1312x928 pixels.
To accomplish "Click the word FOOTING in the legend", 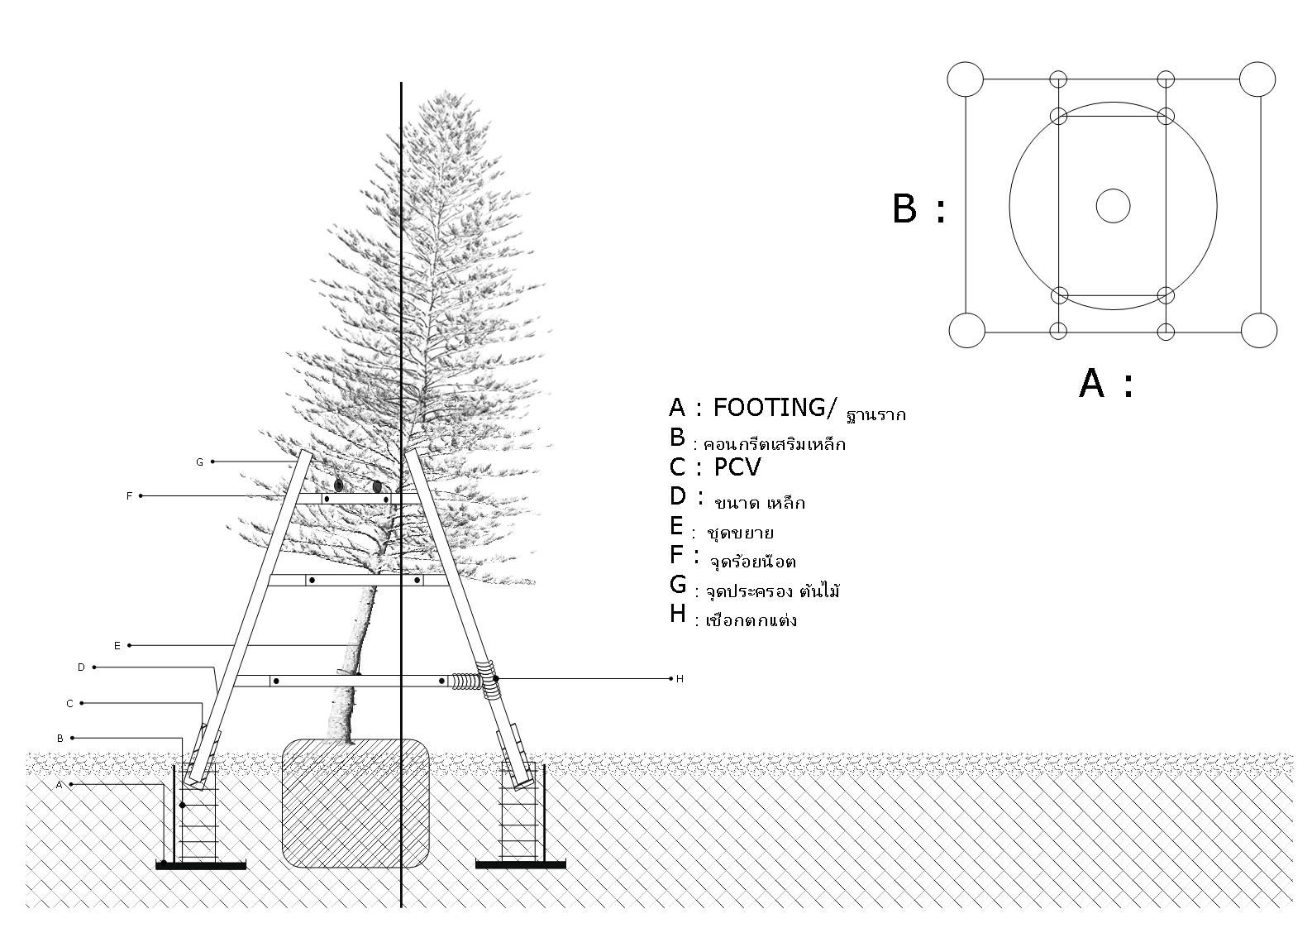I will [x=768, y=408].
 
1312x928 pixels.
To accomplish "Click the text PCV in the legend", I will [x=737, y=468].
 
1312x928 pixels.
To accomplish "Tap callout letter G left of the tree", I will [x=199, y=462].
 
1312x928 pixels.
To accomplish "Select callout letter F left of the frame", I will [x=129, y=496].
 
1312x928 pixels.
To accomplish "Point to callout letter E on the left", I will [x=117, y=646].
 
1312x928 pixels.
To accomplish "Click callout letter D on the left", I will [x=81, y=667].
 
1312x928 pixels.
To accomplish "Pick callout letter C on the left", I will [x=69, y=704].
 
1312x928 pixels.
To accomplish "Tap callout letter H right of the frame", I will [x=680, y=679].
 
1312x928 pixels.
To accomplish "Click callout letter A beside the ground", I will [x=59, y=785].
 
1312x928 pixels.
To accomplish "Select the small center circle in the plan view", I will [x=1113, y=206].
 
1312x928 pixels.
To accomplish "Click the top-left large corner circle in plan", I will [x=966, y=79].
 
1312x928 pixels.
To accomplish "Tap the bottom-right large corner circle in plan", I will [x=1259, y=331].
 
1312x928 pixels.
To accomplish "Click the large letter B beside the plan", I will [x=904, y=208].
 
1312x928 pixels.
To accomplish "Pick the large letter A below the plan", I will [x=1091, y=384].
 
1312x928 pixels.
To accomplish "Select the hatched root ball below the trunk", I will [x=355, y=802].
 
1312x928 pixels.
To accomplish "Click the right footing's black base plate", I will [x=521, y=865].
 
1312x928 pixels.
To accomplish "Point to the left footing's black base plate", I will [x=201, y=865].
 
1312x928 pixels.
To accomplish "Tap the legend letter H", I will [x=678, y=614].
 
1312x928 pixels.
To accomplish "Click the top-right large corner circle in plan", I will [x=1257, y=79].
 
